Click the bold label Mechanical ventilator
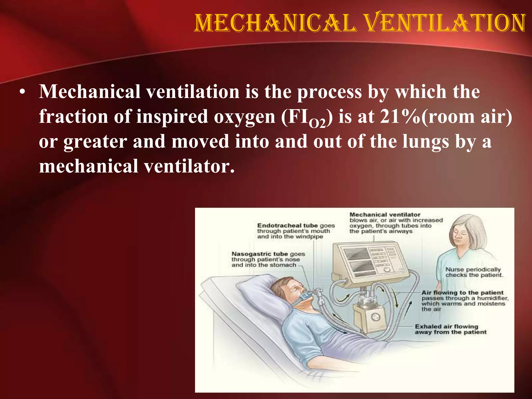tap(385, 215)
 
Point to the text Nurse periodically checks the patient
tap(474, 272)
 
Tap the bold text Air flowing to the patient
tap(462, 292)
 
